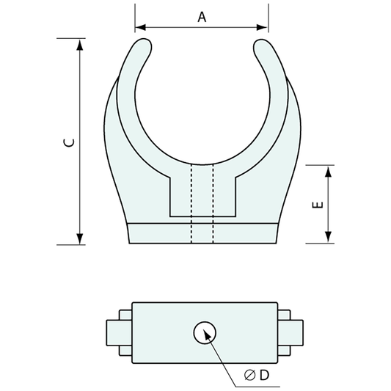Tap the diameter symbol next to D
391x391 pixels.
pyautogui.click(x=249, y=376)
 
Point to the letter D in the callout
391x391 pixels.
pyautogui.click(x=264, y=376)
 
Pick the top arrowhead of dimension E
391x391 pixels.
pyautogui.click(x=328, y=170)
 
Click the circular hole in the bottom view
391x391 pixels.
pyautogui.click(x=203, y=333)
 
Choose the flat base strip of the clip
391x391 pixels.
pyautogui.click(x=203, y=233)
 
